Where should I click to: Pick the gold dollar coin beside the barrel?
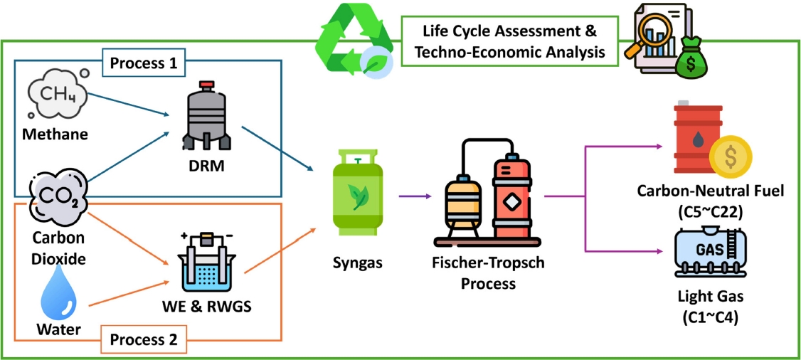(x=729, y=158)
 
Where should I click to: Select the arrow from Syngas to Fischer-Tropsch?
(x=416, y=196)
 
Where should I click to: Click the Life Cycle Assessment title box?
(x=508, y=41)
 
